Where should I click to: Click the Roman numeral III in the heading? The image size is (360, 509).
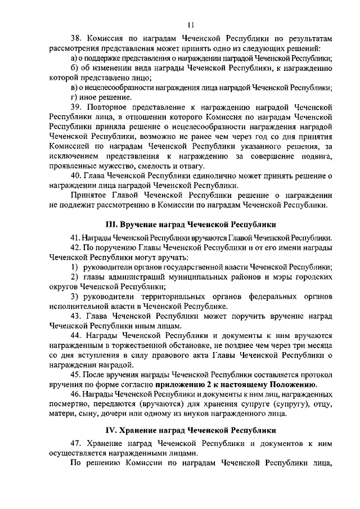pos(120,224)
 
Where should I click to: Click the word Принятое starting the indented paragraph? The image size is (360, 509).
pos(91,195)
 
